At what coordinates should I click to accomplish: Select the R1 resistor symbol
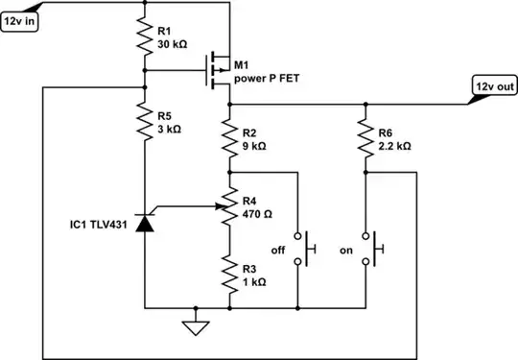[144, 37]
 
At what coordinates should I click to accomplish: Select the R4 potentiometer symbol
[230, 205]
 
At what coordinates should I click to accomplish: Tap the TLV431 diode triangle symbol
[144, 223]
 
